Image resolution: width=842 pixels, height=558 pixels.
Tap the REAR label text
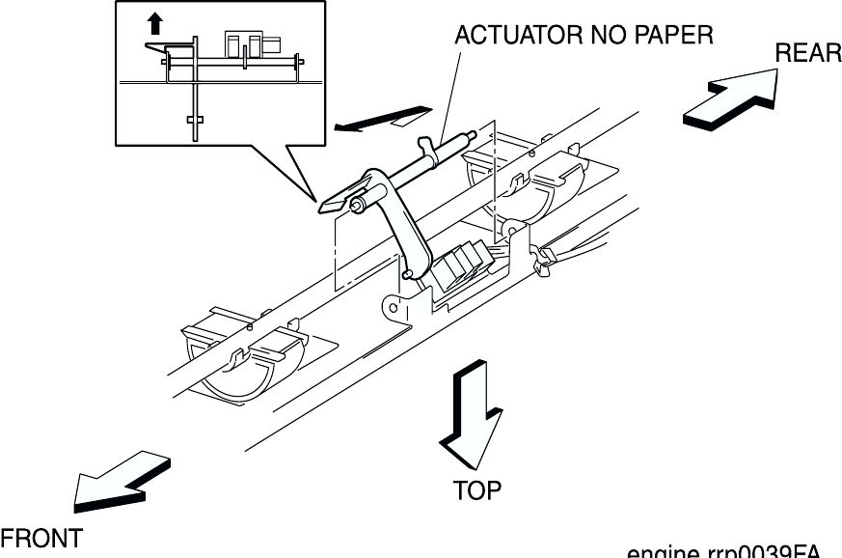coord(808,54)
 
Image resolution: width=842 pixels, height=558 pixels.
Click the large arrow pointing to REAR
coord(729,100)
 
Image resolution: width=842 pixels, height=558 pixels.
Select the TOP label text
coord(477,490)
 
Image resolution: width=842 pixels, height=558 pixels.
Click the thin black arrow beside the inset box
coord(377,119)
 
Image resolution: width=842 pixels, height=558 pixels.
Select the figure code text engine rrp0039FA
coord(723,552)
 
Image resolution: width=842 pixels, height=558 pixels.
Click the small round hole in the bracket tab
coord(393,307)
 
